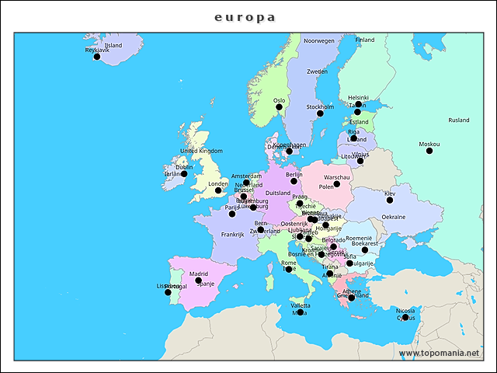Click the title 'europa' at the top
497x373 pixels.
click(x=245, y=16)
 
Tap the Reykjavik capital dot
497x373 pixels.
click(x=97, y=57)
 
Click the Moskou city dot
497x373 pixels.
click(x=429, y=151)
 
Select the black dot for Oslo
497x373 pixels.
click(x=280, y=107)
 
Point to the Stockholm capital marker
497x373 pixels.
click(x=320, y=113)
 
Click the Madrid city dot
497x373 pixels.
click(x=199, y=281)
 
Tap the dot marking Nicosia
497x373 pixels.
click(x=405, y=317)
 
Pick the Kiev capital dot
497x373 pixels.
click(x=390, y=200)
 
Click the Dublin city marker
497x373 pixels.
click(x=184, y=174)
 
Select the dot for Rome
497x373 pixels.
click(x=289, y=269)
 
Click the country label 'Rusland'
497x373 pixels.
click(x=459, y=120)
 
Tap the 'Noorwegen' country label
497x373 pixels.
click(x=318, y=40)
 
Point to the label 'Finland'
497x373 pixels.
click(x=365, y=40)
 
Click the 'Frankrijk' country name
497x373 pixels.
click(x=232, y=234)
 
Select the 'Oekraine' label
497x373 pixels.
click(x=393, y=217)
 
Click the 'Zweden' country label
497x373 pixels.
click(x=317, y=71)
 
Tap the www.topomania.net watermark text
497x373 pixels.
click(x=439, y=353)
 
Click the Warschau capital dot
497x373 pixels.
click(x=336, y=183)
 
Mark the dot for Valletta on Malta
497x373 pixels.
click(x=301, y=312)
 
